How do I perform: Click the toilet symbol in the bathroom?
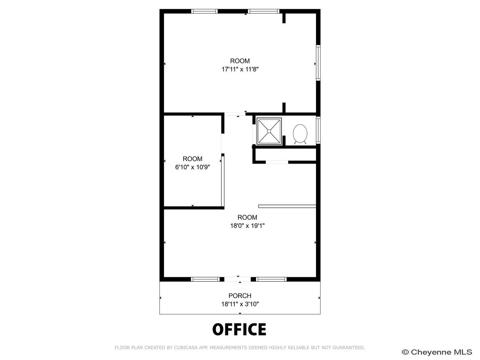300,134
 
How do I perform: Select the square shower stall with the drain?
269,131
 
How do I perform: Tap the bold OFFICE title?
240,330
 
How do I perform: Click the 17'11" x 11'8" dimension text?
240,69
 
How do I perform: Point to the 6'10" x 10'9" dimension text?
193,167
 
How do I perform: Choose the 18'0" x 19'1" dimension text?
247,226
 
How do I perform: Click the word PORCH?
240,296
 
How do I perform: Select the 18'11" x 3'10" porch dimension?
240,304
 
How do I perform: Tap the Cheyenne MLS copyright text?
437,352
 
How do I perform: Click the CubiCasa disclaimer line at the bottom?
240,347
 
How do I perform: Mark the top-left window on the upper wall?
204,11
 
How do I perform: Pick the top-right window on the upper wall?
263,11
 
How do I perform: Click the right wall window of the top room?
318,63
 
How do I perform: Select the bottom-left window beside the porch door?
205,279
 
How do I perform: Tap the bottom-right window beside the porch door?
271,279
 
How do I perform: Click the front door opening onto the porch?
238,279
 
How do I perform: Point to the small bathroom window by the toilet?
318,130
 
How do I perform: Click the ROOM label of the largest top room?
240,61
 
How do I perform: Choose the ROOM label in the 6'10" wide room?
193,159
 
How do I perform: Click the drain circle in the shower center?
269,131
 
